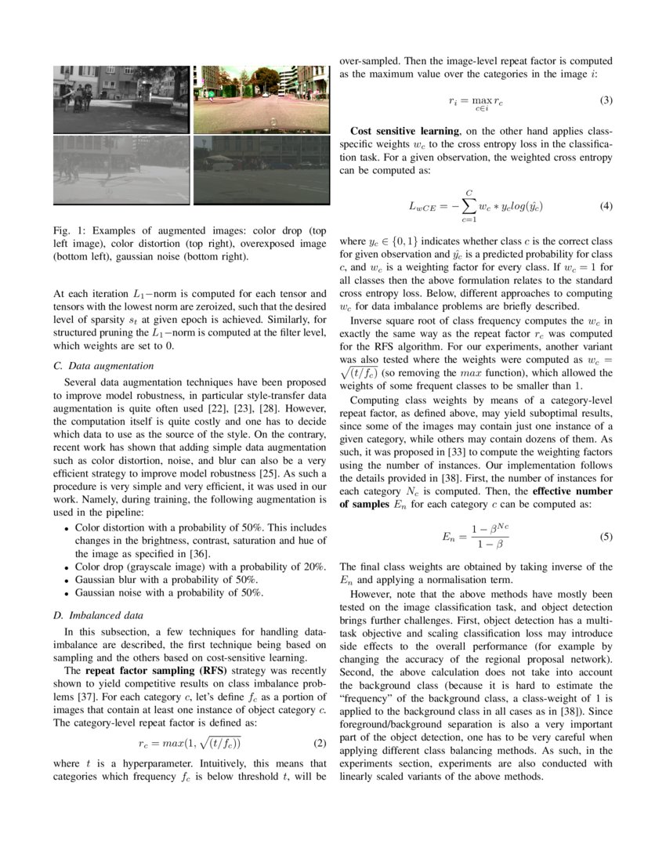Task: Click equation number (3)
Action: pos(606,100)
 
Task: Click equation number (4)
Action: pos(606,206)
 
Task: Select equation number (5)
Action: pos(606,538)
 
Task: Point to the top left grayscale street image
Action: pos(121,100)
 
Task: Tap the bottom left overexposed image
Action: pos(121,169)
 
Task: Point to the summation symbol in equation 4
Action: pos(469,207)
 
